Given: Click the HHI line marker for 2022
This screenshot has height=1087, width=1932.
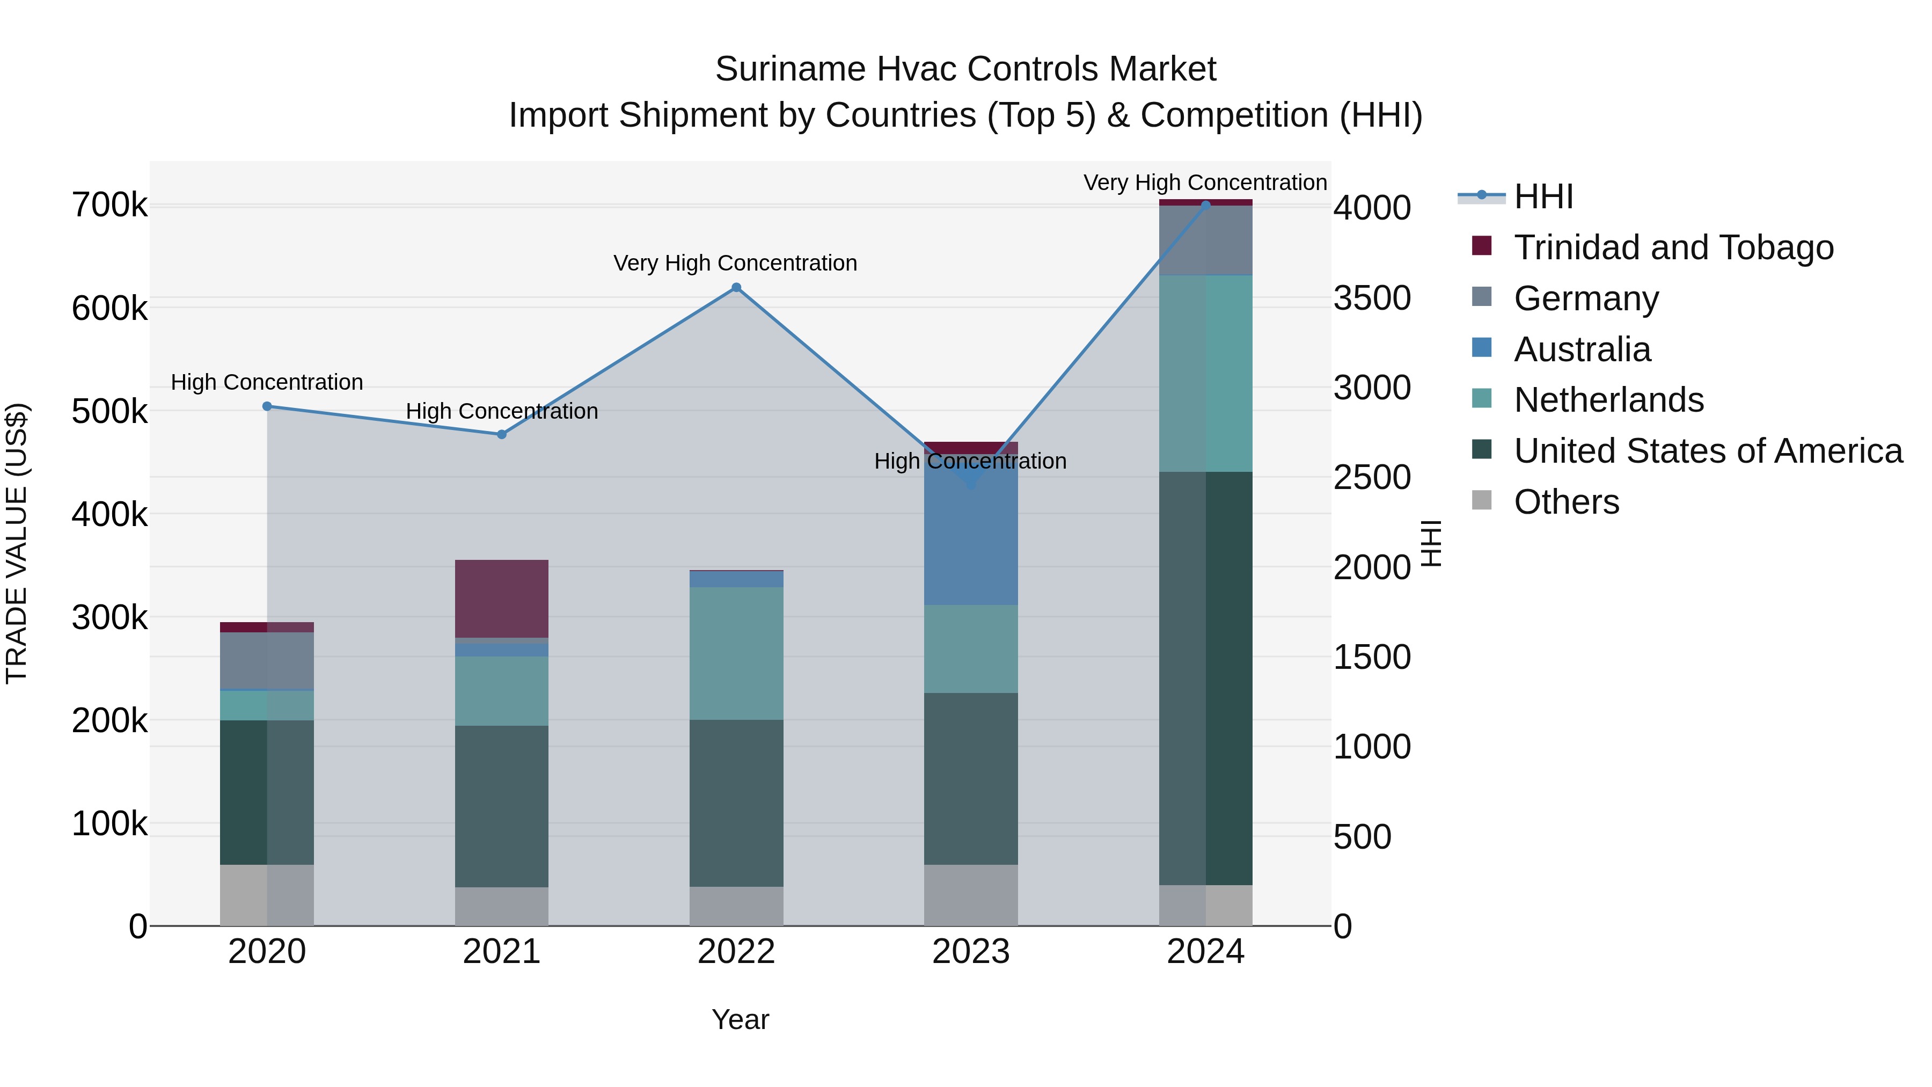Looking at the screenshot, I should [x=736, y=287].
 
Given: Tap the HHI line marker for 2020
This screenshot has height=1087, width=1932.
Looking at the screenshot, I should [x=267, y=406].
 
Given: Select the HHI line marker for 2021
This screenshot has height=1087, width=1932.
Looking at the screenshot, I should [x=502, y=434].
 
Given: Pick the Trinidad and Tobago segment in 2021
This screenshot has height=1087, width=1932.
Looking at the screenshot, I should [x=502, y=599].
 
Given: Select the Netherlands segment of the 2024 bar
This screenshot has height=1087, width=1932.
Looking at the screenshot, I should [x=1205, y=373].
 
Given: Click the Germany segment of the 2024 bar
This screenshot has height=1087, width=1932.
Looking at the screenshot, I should [x=1205, y=240].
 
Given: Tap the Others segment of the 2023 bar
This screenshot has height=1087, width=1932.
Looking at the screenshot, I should [x=970, y=895].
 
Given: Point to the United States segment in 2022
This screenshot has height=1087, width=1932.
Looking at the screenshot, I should [x=736, y=803].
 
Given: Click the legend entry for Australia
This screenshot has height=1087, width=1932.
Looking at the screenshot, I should [x=1582, y=349].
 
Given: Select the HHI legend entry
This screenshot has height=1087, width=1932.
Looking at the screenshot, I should [x=1543, y=196].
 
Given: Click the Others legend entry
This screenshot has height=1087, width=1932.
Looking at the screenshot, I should [x=1566, y=502].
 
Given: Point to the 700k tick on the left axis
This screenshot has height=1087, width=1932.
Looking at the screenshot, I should [x=109, y=206].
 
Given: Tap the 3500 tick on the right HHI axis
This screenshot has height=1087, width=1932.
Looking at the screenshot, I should [x=1372, y=298].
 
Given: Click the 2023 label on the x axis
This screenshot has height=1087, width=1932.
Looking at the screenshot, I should [x=970, y=952].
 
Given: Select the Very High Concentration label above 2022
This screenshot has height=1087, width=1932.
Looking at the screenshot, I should [x=735, y=264].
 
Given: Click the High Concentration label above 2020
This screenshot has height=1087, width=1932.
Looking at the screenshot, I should [x=267, y=383].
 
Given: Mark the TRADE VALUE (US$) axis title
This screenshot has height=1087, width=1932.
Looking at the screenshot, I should [x=17, y=543].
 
